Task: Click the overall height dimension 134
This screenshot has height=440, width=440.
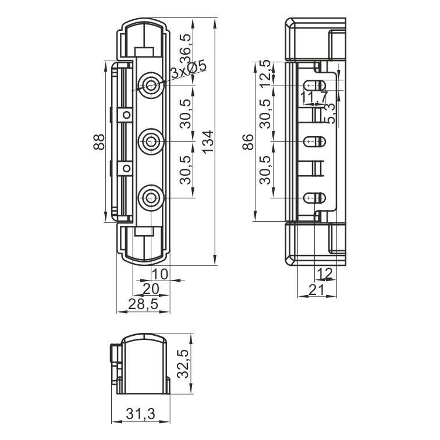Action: tap(208, 141)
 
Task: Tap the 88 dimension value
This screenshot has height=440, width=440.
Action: tap(99, 142)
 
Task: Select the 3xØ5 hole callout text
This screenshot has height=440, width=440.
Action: tap(189, 69)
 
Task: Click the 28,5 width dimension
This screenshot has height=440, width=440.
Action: tap(143, 304)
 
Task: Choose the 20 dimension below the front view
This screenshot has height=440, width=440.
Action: tap(151, 289)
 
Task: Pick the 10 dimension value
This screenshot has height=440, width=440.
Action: tap(160, 274)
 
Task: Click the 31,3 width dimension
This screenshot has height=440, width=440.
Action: tap(140, 414)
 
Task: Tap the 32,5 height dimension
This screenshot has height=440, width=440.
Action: tap(184, 364)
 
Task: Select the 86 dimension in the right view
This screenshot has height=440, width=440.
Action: tap(249, 142)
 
